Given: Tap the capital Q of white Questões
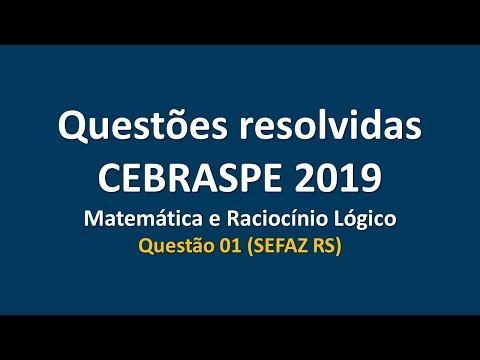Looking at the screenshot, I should pyautogui.click(x=71, y=129).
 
